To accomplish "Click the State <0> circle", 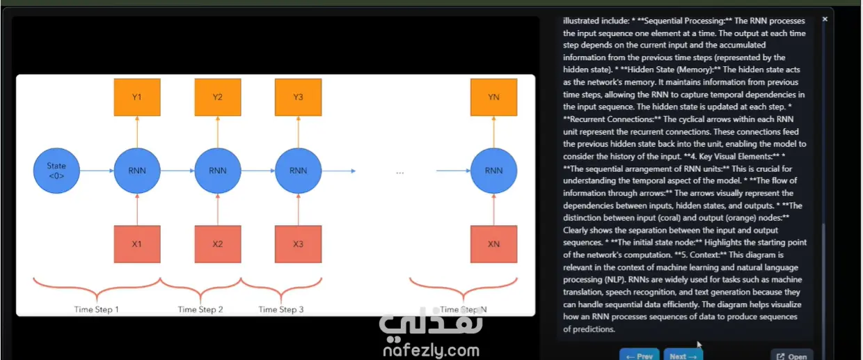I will pos(56,171).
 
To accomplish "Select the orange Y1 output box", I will pos(137,97).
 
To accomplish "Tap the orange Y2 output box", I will pos(218,97).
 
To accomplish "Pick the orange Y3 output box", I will pos(298,97).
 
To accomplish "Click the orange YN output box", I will pos(493,97).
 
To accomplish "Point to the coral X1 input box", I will pos(137,244).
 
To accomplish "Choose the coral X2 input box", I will pos(218,244).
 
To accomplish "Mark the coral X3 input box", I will pos(298,244).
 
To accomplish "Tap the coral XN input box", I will pos(493,244).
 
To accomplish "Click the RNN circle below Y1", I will pos(137,171).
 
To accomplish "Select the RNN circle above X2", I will pos(218,171).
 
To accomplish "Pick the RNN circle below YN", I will pos(493,171).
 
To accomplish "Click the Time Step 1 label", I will pos(97,309).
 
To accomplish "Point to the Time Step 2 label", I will pos(200,309).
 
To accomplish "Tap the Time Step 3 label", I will pos(280,309).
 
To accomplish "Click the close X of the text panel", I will pos(825,19).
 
